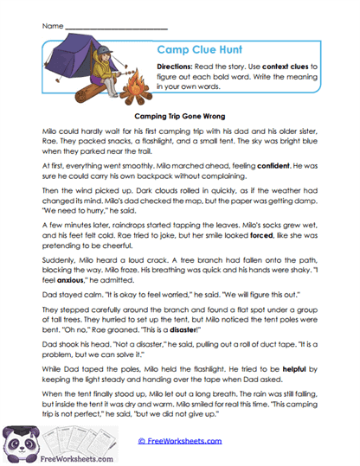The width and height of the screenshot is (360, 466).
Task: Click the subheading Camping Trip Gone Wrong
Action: pyautogui.click(x=180, y=112)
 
